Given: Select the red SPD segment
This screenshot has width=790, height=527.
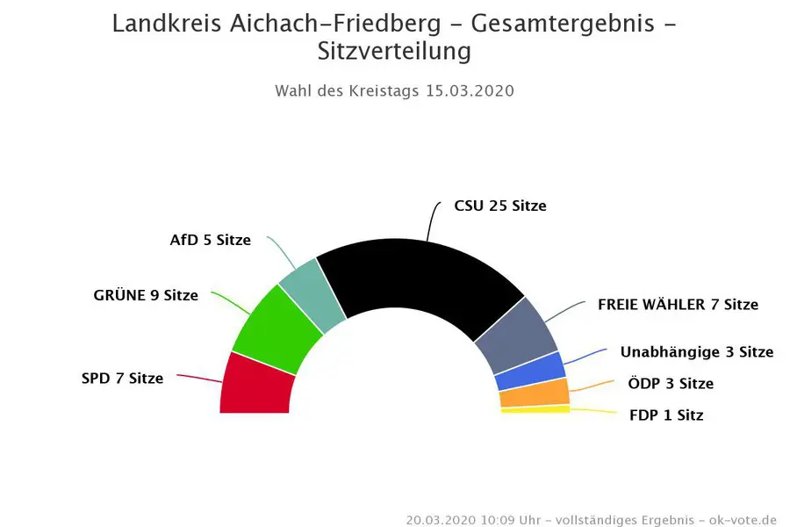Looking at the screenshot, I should [x=255, y=385].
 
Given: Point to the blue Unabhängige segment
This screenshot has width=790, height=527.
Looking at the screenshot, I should [x=531, y=372].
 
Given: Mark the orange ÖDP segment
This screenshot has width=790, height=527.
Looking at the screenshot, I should [x=535, y=393].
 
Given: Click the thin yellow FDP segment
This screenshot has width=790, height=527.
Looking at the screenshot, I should [x=535, y=408].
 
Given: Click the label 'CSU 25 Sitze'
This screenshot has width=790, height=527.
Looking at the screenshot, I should [x=499, y=206].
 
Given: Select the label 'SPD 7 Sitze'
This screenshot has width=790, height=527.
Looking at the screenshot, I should [x=122, y=379].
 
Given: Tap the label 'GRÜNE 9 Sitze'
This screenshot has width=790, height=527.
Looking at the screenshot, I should [x=146, y=295].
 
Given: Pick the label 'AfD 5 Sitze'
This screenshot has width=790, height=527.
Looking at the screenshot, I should [x=210, y=240].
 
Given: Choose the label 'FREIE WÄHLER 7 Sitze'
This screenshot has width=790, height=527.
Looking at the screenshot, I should [x=678, y=305].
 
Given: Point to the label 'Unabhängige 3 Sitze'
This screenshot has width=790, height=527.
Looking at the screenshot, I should [x=696, y=352].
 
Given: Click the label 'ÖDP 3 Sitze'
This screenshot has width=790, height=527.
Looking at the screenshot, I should [x=671, y=384].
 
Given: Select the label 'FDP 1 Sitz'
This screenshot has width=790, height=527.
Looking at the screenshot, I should [x=666, y=415].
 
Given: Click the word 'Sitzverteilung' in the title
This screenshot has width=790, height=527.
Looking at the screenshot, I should [x=394, y=52].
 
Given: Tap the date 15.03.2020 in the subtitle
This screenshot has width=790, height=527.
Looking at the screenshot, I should [x=470, y=91].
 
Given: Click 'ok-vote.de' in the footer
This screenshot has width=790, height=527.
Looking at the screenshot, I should [x=743, y=519].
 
